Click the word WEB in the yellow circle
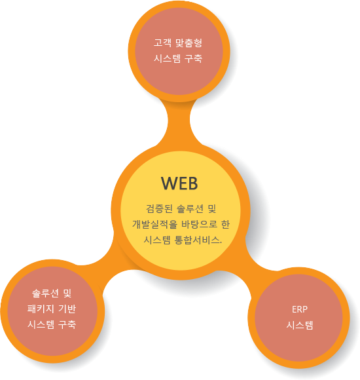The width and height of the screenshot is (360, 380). (x=179, y=183)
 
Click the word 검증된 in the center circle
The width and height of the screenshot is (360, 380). (x=159, y=208)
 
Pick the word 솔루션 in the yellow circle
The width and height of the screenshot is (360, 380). (x=190, y=208)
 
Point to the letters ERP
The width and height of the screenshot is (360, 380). (x=300, y=309)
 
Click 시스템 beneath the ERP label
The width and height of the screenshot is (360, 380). (x=300, y=325)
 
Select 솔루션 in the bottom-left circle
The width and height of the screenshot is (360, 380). (x=45, y=294)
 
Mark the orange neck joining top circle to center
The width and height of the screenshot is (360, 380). (x=179, y=121)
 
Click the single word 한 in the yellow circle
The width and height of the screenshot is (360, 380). (x=225, y=224)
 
